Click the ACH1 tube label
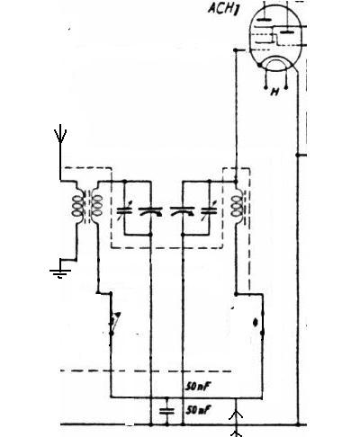[x=222, y=8]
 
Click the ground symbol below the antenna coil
[x=60, y=272]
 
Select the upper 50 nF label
[x=197, y=387]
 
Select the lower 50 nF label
[x=198, y=410]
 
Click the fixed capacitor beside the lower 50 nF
[x=166, y=411]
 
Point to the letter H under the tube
[x=274, y=92]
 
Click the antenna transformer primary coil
[x=77, y=205]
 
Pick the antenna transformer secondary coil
[x=96, y=205]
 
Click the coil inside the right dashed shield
[x=237, y=206]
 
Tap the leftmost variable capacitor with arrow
[x=124, y=211]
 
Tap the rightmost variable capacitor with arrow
[x=209, y=211]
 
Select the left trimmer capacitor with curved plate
[x=151, y=211]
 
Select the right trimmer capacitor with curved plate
[x=183, y=211]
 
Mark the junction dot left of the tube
[x=236, y=49]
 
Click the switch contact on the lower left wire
[x=113, y=323]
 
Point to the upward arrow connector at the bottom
[x=236, y=415]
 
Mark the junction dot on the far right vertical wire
[x=298, y=156]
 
